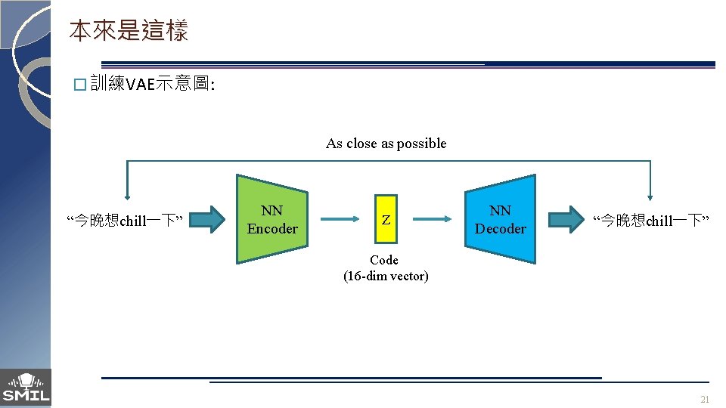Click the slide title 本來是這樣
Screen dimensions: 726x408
click(128, 31)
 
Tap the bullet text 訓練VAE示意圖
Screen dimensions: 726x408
click(151, 84)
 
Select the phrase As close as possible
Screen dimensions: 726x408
click(386, 144)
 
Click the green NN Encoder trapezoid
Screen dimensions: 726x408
click(272, 220)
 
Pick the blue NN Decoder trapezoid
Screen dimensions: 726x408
click(500, 220)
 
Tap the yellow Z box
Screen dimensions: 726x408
click(386, 220)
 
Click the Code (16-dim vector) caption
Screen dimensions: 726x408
click(386, 268)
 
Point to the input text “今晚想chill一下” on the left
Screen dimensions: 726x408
click(126, 221)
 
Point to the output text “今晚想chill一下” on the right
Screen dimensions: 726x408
click(650, 221)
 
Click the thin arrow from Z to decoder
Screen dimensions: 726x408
click(432, 220)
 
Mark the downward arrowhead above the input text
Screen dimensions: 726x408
click(127, 193)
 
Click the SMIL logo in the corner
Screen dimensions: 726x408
click(26, 388)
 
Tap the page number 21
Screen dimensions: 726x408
click(705, 400)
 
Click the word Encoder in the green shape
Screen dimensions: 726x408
click(272, 229)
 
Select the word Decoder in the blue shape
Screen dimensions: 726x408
click(500, 229)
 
